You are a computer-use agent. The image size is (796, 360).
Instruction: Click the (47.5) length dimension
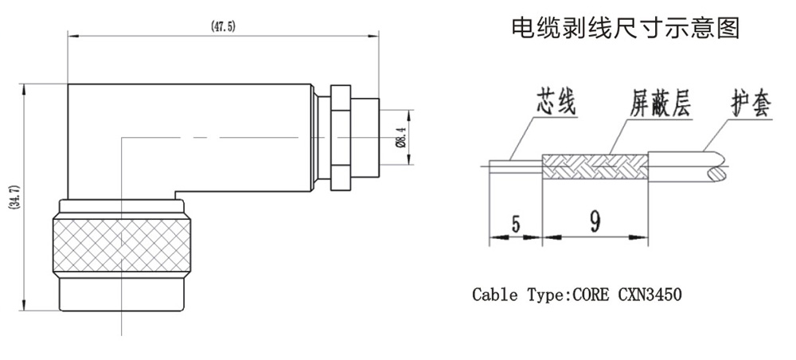pos(223,26)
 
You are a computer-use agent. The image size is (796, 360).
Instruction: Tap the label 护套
pos(751,104)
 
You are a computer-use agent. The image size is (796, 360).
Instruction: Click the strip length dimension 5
pos(515,224)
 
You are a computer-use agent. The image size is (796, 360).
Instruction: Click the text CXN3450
pos(650,295)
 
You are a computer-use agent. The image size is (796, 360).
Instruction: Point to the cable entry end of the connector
pos(379,138)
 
